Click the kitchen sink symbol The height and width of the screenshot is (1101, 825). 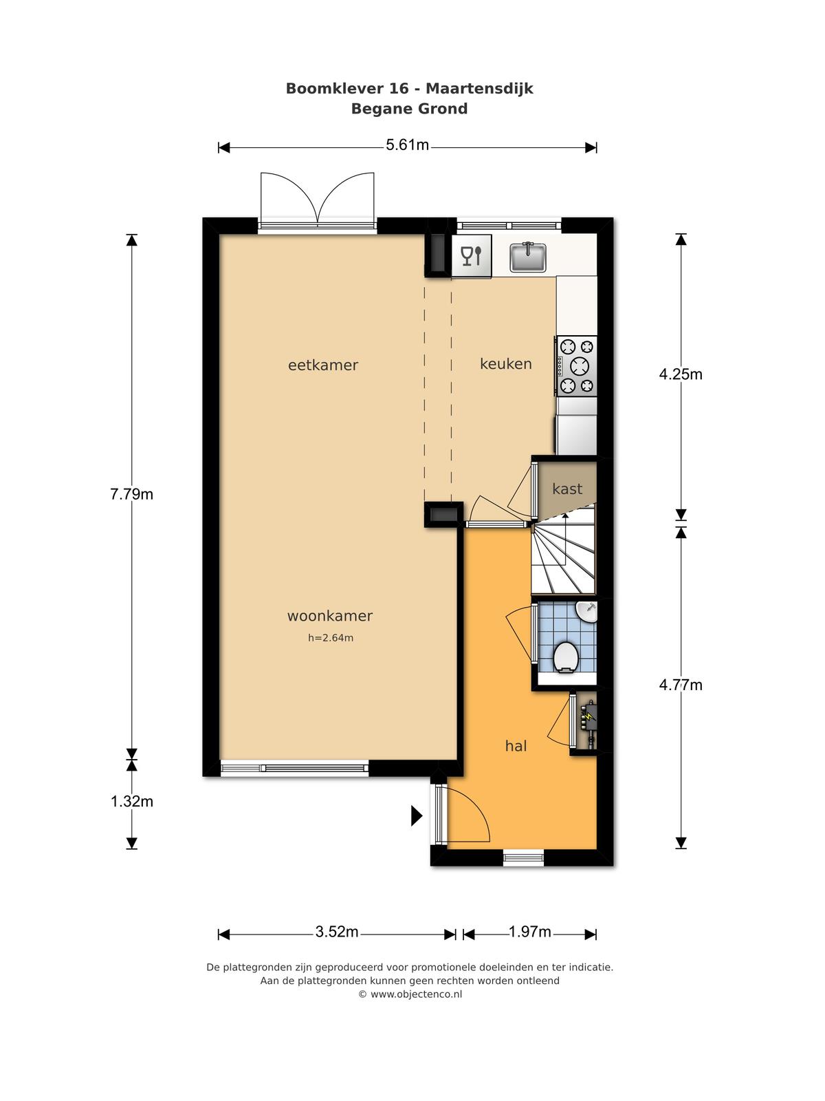point(527,257)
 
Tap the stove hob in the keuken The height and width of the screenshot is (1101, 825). point(575,365)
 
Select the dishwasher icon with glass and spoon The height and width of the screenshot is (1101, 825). point(472,256)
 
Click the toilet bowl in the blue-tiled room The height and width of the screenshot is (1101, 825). point(566,656)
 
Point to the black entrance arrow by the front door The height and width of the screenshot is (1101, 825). point(417,815)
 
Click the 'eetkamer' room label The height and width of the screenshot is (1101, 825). point(323,365)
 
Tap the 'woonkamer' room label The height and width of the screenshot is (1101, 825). point(329,616)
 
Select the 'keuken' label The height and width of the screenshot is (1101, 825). point(506,363)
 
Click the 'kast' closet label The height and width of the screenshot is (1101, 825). point(568,489)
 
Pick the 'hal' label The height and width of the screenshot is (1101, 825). point(516,747)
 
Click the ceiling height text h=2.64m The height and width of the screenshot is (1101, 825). point(331,638)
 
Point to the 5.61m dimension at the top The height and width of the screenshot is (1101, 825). point(407,145)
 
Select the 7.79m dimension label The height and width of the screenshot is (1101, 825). point(132,495)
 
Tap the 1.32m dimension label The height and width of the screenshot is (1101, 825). point(132,802)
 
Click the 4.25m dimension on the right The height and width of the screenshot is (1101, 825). point(681,374)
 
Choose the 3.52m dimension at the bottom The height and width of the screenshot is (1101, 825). point(337,932)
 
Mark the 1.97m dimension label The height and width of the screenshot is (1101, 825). point(530,932)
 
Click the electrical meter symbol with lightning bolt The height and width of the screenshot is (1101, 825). point(588,722)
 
